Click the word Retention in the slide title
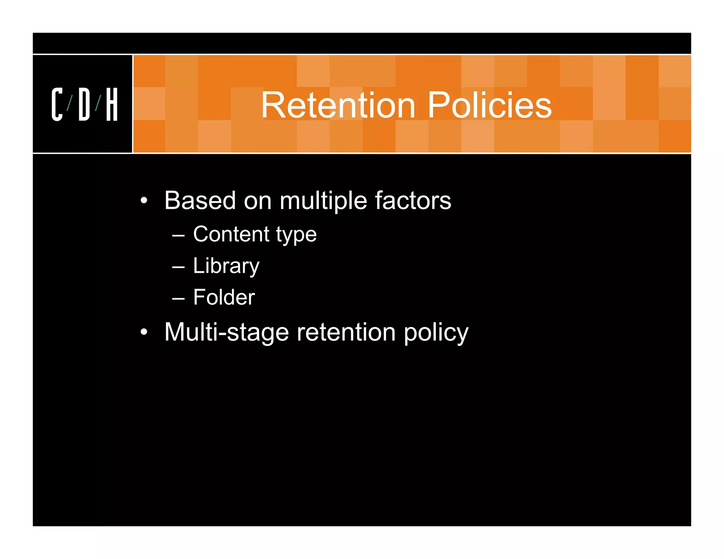point(338,105)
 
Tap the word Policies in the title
point(490,105)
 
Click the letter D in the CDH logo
point(84,104)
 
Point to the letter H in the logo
point(112,104)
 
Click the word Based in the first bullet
point(200,200)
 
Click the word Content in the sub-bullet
point(232,234)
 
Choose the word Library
point(226,266)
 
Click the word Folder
point(224,297)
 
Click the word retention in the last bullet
point(346,333)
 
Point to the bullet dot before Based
point(144,201)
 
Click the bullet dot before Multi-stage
point(144,332)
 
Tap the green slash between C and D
point(70,103)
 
